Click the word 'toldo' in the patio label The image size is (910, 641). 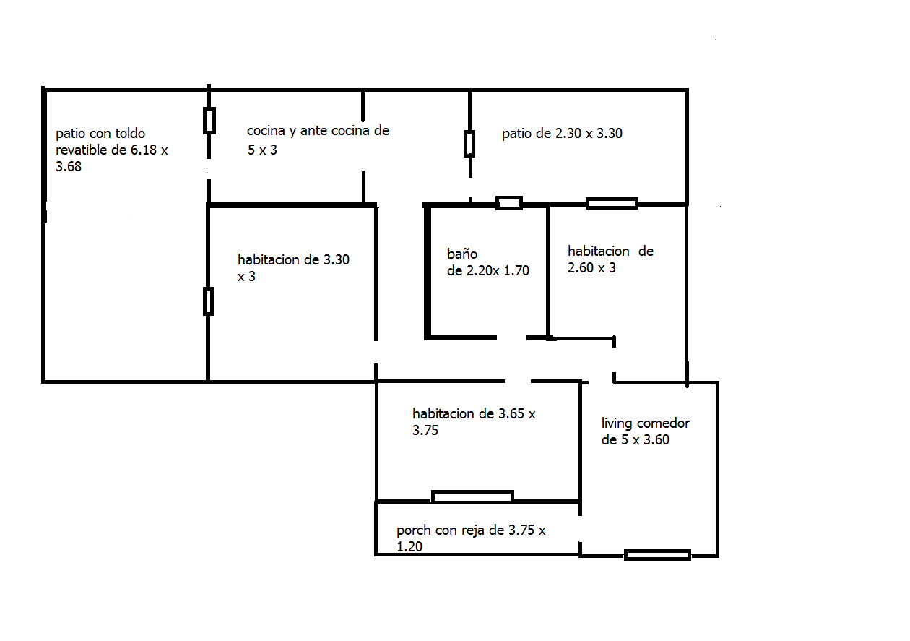[130, 133]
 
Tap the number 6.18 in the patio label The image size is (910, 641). [144, 150]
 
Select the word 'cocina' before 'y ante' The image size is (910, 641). [266, 131]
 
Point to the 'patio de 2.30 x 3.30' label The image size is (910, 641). [562, 133]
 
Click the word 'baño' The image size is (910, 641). [462, 254]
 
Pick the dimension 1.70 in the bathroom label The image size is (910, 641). [516, 271]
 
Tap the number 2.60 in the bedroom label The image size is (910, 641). [581, 268]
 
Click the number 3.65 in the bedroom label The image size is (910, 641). [511, 414]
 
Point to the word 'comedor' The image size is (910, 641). [663, 423]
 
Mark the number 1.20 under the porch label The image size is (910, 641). [409, 547]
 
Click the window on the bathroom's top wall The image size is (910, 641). [509, 203]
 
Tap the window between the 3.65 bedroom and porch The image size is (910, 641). [472, 496]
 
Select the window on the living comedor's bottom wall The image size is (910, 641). [657, 555]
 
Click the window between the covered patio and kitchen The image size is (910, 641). [209, 121]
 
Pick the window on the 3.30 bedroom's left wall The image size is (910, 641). [208, 301]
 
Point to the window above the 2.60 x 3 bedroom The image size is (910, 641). [612, 203]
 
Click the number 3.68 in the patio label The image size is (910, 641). [68, 167]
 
